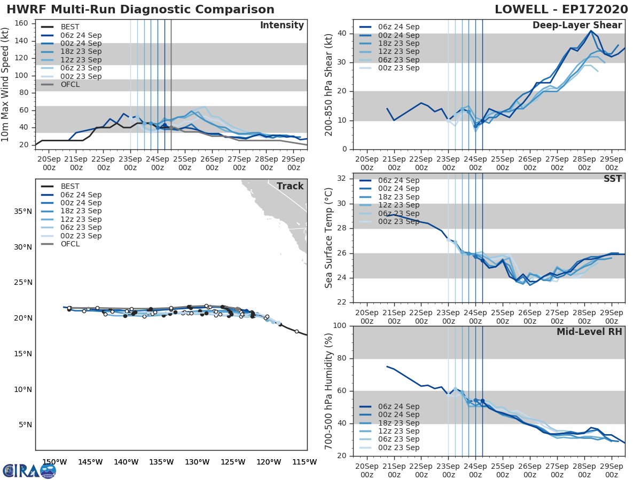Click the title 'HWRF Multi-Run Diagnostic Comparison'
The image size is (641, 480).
pos(140,10)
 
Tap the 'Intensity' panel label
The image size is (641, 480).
pos(282,26)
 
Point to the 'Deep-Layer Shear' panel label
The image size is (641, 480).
pos(577,26)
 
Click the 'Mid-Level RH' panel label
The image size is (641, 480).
pos(589,332)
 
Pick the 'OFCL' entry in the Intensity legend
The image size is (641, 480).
pos(69,84)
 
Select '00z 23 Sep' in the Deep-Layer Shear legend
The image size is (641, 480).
pos(398,68)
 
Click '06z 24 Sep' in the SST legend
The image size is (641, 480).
pos(398,180)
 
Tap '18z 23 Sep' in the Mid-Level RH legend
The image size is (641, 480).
pos(398,423)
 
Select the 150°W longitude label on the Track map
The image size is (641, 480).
pos(54,462)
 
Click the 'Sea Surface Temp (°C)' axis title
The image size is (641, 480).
pos(329,238)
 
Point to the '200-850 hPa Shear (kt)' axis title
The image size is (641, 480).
pos(329,85)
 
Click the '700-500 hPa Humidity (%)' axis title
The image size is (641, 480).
pos(329,390)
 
